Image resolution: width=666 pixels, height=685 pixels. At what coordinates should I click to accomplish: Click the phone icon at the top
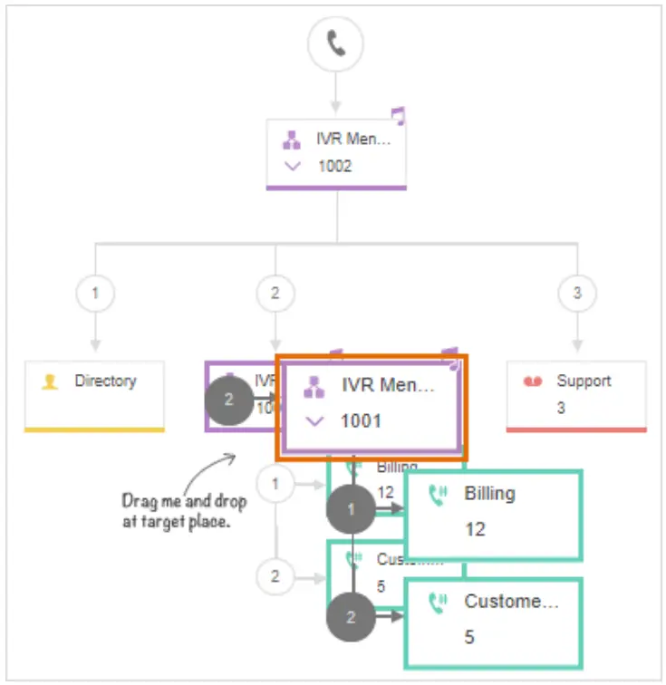[335, 43]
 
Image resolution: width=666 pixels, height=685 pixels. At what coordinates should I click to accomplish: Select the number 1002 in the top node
[334, 166]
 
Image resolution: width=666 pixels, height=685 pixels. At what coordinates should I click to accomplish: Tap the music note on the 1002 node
[398, 115]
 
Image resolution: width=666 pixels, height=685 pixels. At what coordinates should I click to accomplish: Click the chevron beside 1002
[292, 166]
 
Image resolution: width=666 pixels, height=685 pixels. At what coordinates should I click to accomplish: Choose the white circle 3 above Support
[576, 294]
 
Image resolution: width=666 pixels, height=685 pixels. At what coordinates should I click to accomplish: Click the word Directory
[104, 381]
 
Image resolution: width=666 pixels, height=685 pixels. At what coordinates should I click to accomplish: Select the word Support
[584, 381]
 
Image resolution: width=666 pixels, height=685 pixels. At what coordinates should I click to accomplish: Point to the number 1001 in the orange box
[361, 420]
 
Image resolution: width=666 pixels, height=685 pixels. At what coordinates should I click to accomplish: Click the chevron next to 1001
[314, 420]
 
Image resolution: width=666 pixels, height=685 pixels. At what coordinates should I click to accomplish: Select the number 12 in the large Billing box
[475, 529]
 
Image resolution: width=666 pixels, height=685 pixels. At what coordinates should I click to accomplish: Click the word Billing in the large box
[489, 494]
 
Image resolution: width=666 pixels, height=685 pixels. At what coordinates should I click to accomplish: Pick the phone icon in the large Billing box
[439, 495]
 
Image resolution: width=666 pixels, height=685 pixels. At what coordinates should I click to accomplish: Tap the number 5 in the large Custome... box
[469, 637]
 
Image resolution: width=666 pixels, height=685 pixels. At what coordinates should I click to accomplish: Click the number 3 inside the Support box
[561, 408]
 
